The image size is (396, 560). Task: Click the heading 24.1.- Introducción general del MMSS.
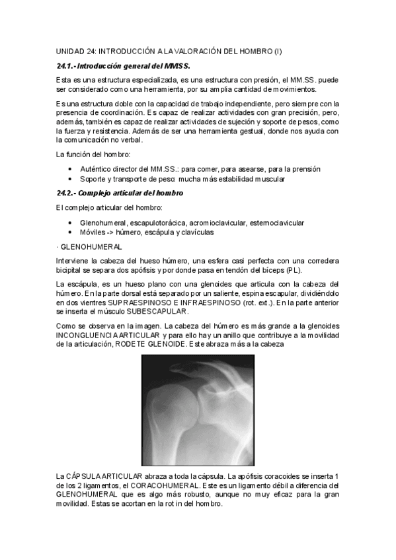[x=123, y=66]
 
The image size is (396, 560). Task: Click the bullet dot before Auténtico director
[x=70, y=169]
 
